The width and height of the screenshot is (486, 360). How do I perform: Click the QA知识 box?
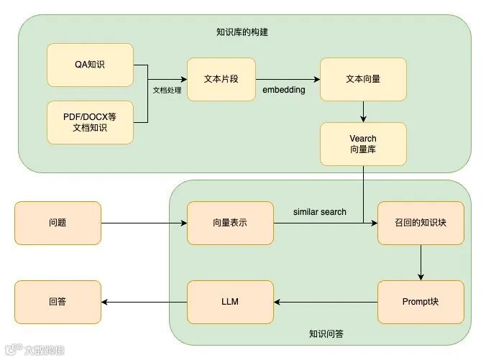click(90, 65)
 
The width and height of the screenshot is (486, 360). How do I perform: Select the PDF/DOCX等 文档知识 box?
click(90, 122)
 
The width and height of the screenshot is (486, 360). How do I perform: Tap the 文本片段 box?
click(221, 79)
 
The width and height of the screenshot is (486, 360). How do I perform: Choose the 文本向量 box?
click(363, 79)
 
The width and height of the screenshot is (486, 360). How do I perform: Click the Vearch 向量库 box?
click(363, 143)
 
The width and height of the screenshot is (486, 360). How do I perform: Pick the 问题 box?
click(58, 223)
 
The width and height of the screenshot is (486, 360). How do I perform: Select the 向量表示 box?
click(230, 223)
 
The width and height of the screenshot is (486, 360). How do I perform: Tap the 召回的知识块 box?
click(421, 223)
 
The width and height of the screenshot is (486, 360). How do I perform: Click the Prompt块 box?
click(421, 302)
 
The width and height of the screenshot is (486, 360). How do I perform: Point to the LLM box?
click(230, 302)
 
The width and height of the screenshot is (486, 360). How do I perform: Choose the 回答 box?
click(58, 302)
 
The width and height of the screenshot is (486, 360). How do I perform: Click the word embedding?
click(284, 90)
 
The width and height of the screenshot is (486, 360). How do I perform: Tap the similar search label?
click(320, 212)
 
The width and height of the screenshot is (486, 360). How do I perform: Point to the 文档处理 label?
click(168, 91)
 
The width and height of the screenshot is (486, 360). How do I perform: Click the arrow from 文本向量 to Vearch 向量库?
click(363, 111)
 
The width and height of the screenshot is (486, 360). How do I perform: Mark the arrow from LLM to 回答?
click(144, 302)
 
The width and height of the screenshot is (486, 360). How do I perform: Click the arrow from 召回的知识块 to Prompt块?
click(421, 262)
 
